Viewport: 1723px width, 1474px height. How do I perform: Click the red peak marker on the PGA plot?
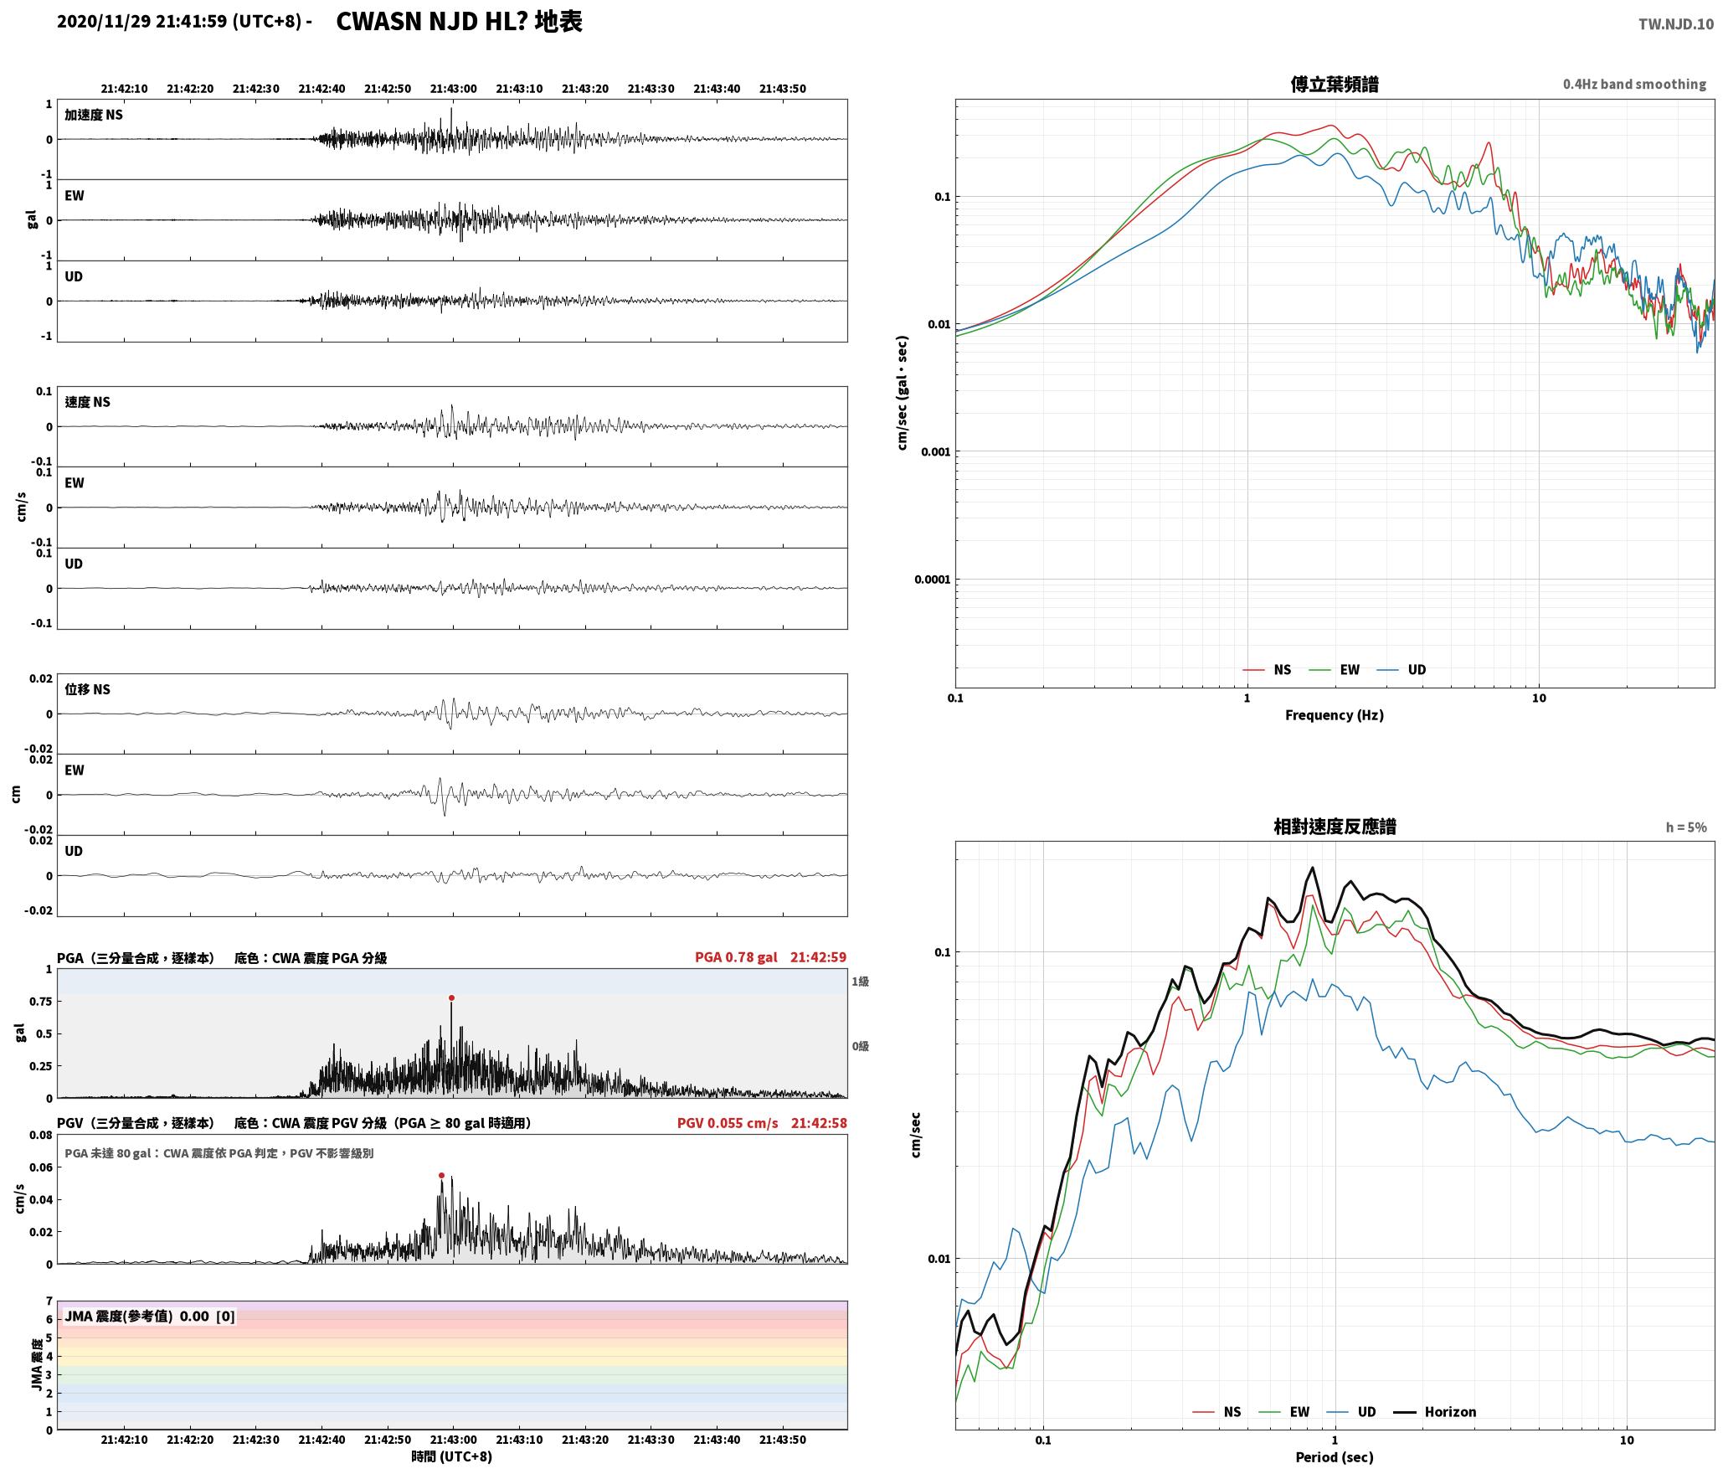point(451,997)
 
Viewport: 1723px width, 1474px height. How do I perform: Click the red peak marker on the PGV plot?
point(441,1175)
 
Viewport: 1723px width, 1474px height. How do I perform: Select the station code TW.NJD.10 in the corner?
point(1676,24)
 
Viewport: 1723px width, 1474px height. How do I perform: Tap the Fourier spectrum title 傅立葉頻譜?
point(1335,84)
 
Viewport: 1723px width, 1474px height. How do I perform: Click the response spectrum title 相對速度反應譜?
point(1335,827)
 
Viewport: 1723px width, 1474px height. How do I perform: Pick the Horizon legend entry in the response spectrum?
point(1435,1411)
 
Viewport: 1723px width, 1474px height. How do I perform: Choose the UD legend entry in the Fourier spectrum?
point(1402,669)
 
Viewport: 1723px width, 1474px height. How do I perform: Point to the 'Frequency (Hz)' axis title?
point(1335,714)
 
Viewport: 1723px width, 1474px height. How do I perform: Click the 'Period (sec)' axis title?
point(1335,1456)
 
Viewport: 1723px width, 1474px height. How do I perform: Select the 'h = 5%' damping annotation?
point(1686,827)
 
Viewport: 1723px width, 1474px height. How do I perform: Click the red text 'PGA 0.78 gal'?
point(736,957)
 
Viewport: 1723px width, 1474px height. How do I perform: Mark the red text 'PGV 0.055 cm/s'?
point(728,1122)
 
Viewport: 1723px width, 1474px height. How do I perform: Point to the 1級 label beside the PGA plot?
point(860,981)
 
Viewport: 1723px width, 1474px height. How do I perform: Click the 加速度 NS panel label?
point(94,115)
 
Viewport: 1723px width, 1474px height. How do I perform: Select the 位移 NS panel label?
point(88,689)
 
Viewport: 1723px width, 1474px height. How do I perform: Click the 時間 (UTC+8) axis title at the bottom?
point(452,1456)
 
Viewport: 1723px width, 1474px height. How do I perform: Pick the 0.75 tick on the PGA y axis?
point(42,1001)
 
